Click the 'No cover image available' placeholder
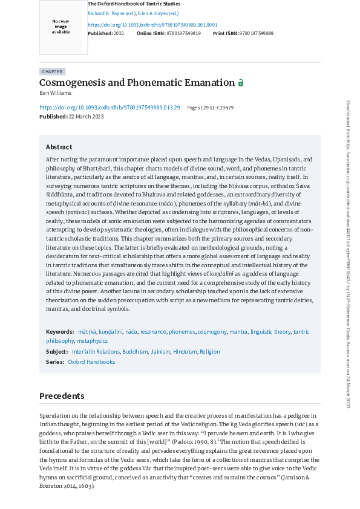[61, 27]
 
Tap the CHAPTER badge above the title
[52, 71]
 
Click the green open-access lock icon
[241, 83]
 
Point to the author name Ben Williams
[54, 93]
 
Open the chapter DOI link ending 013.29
[110, 107]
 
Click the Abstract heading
[59, 147]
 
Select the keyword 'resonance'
[153, 332]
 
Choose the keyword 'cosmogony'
[212, 332]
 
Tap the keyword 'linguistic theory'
[270, 332]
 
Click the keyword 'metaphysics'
[92, 341]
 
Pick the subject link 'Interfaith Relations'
[96, 352]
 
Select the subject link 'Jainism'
[160, 352]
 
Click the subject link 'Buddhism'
[135, 352]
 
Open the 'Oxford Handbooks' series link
[91, 362]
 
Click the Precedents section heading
[62, 396]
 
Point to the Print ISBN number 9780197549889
[257, 33]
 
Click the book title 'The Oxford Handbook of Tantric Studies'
[134, 4]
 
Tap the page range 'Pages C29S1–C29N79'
[210, 108]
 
